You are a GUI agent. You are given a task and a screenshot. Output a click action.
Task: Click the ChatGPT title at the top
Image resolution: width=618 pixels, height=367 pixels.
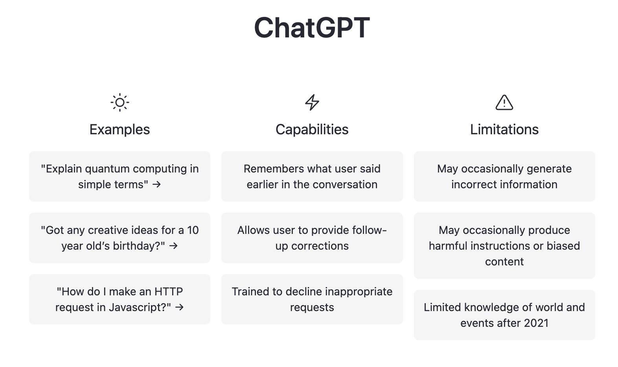coord(312,28)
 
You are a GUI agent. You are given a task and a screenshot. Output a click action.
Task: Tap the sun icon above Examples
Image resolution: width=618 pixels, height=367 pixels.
coord(120,102)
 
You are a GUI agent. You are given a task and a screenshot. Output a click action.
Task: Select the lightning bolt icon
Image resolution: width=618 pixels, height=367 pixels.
coord(312,102)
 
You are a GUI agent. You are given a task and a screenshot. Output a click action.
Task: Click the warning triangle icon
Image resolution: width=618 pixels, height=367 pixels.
coord(504,102)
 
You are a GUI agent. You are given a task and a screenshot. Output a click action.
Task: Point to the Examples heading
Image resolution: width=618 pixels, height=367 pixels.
coord(120,129)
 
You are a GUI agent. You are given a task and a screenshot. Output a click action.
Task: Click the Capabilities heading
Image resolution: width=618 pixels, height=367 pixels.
coord(312,129)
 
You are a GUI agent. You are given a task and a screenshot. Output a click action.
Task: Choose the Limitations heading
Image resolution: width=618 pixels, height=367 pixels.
coord(504,129)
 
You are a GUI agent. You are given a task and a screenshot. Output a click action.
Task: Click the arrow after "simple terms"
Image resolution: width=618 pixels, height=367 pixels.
coord(156,185)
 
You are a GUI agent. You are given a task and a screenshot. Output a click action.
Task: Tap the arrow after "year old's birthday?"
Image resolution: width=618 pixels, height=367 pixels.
coord(173,246)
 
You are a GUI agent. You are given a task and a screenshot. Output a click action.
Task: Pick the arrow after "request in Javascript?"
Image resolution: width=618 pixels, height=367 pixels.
coord(179,307)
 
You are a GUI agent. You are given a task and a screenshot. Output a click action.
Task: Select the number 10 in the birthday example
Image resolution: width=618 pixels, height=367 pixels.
coord(193,230)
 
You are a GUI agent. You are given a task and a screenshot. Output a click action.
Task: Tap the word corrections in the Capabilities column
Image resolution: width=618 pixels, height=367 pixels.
coord(320,246)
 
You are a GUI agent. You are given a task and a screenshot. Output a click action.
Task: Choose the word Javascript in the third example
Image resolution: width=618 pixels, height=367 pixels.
coord(138,307)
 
